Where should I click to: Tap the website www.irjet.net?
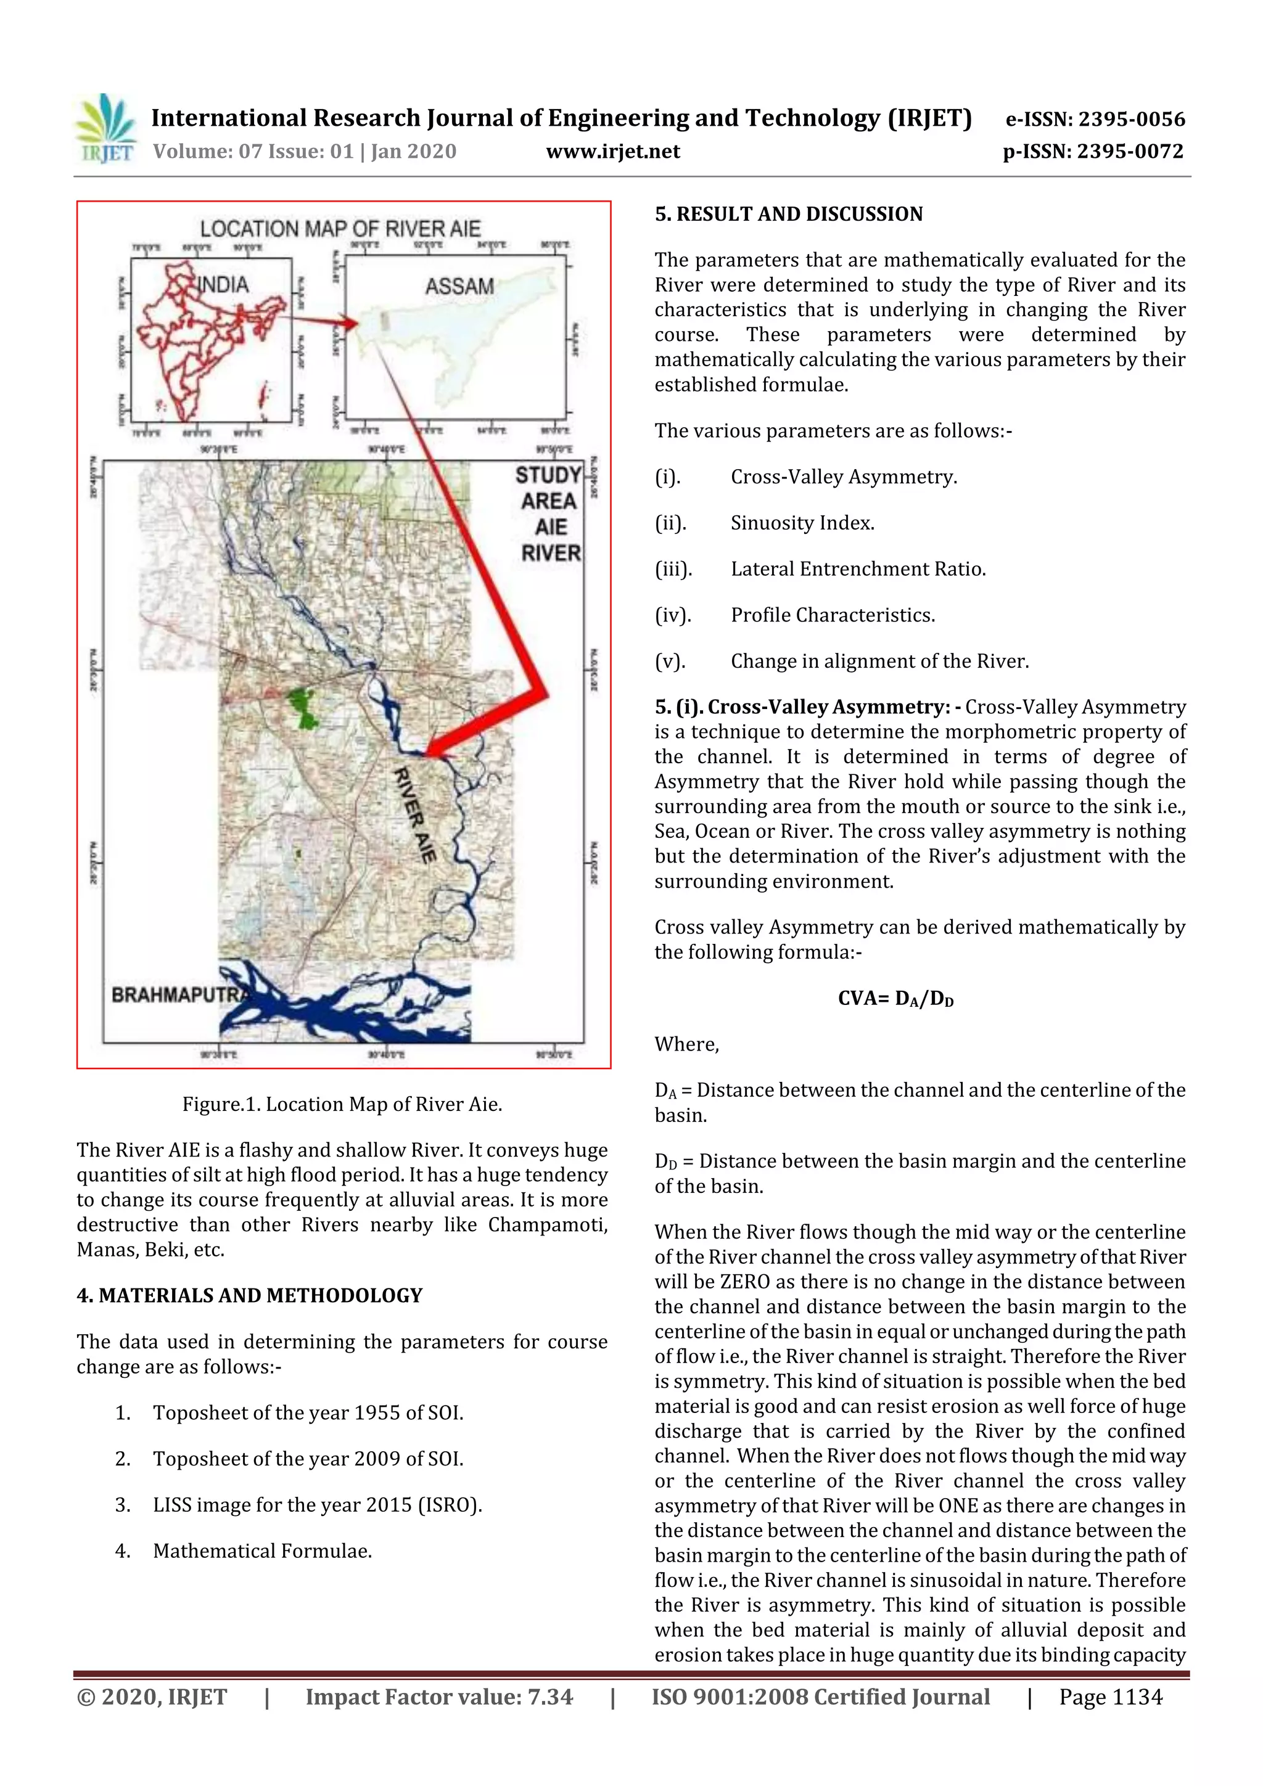[x=612, y=151]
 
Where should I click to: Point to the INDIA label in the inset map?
[x=223, y=285]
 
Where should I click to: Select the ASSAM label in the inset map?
[x=459, y=286]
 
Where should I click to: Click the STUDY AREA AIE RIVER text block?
[x=549, y=514]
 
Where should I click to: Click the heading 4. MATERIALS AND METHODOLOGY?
[x=249, y=1295]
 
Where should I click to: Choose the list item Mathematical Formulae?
[x=262, y=1550]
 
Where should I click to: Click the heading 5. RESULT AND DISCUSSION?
[x=788, y=214]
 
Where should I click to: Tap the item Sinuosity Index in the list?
[x=802, y=523]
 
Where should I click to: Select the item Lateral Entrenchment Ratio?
[x=858, y=568]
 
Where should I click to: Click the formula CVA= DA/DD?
[x=895, y=998]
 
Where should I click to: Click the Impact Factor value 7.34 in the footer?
[x=439, y=1697]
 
